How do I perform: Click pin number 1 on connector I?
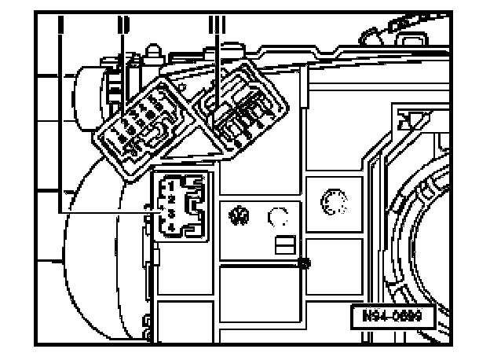[170, 186]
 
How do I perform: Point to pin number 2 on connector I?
[170, 199]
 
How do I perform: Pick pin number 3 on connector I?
[170, 213]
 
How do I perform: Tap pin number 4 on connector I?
[170, 227]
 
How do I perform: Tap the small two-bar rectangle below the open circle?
[283, 247]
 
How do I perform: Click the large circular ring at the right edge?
[428, 228]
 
